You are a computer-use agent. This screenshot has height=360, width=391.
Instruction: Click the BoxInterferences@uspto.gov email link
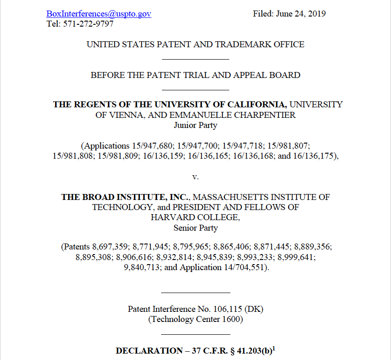pyautogui.click(x=99, y=14)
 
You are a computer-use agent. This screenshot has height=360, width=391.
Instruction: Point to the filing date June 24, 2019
pyautogui.click(x=301, y=14)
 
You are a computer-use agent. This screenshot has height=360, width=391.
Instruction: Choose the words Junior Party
pyautogui.click(x=195, y=125)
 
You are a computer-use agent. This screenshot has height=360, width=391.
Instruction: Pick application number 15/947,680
pyautogui.click(x=148, y=146)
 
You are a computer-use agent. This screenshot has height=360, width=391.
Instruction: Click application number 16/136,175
pyautogui.click(x=313, y=156)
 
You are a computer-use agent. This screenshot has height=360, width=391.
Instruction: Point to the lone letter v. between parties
pyautogui.click(x=195, y=176)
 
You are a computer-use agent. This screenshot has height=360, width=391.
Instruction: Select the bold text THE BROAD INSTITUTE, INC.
pyautogui.click(x=125, y=197)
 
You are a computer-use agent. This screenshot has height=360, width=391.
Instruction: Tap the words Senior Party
pyautogui.click(x=195, y=227)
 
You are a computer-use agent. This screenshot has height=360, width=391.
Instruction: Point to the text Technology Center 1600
pyautogui.click(x=195, y=319)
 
